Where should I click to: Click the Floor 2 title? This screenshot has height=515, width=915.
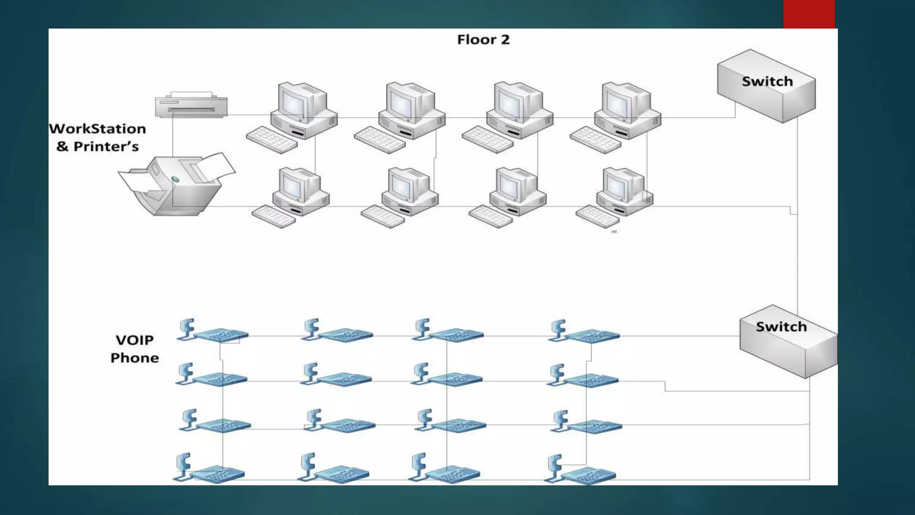coord(483,40)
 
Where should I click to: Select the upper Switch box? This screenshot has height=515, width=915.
coord(766,85)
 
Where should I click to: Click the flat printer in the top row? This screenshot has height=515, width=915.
coord(191,106)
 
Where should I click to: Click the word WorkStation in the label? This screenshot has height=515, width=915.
coord(97,129)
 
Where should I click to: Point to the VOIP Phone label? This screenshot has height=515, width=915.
coord(134,349)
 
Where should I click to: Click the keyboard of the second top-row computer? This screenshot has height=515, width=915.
coord(379,140)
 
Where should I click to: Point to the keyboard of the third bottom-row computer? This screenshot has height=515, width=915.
coord(490,216)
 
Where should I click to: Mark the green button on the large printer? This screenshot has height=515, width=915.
coord(175,179)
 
